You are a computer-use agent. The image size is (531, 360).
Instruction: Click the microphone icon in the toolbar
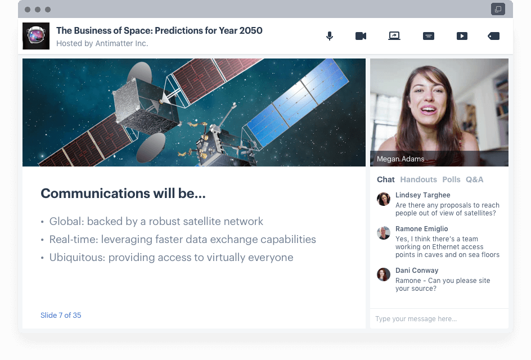point(330,36)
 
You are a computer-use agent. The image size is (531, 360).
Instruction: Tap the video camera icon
point(361,36)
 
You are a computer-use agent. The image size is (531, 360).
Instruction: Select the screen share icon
point(394,36)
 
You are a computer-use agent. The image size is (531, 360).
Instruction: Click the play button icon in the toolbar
point(462,36)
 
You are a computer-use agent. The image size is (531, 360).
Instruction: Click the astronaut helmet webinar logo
point(36,36)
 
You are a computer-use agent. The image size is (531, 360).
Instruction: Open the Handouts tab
point(418,179)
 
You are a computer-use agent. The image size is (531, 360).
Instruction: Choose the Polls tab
point(451,179)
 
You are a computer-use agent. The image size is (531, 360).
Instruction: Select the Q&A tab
point(474,179)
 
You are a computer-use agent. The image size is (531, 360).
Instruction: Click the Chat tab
point(386,179)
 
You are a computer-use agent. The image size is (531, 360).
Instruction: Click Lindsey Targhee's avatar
point(384,199)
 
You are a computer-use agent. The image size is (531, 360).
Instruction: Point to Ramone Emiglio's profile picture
point(384,233)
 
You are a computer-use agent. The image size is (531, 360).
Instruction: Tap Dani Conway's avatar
point(384,274)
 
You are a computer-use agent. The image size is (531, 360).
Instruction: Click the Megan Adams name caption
point(400,159)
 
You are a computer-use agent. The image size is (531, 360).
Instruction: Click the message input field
point(439,319)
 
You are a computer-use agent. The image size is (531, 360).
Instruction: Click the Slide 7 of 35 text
point(61,316)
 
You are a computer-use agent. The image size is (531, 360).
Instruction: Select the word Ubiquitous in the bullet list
point(75,258)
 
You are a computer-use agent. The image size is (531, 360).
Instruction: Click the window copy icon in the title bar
point(497,9)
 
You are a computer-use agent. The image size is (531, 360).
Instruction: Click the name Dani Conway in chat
point(417,271)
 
